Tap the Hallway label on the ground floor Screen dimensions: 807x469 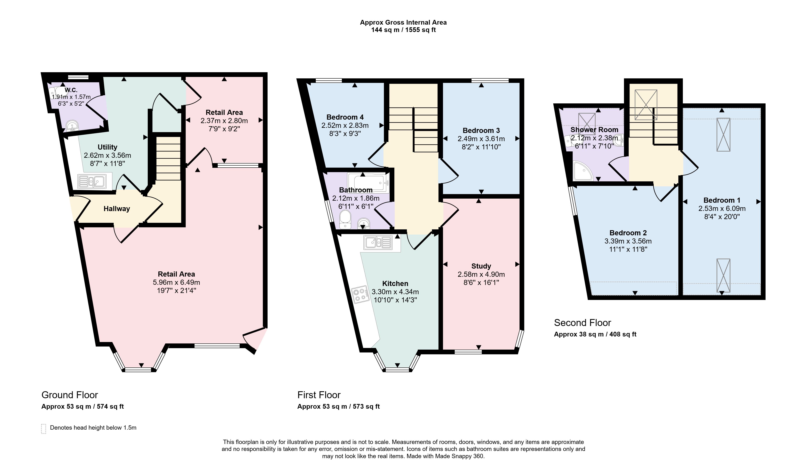117,209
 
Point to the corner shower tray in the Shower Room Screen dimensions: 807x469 583,171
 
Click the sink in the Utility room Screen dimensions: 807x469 92,182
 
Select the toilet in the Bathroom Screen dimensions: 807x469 345,220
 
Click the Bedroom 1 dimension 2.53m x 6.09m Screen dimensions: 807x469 722,208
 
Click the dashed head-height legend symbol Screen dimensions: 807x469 43,429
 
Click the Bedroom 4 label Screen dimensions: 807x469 345,117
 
